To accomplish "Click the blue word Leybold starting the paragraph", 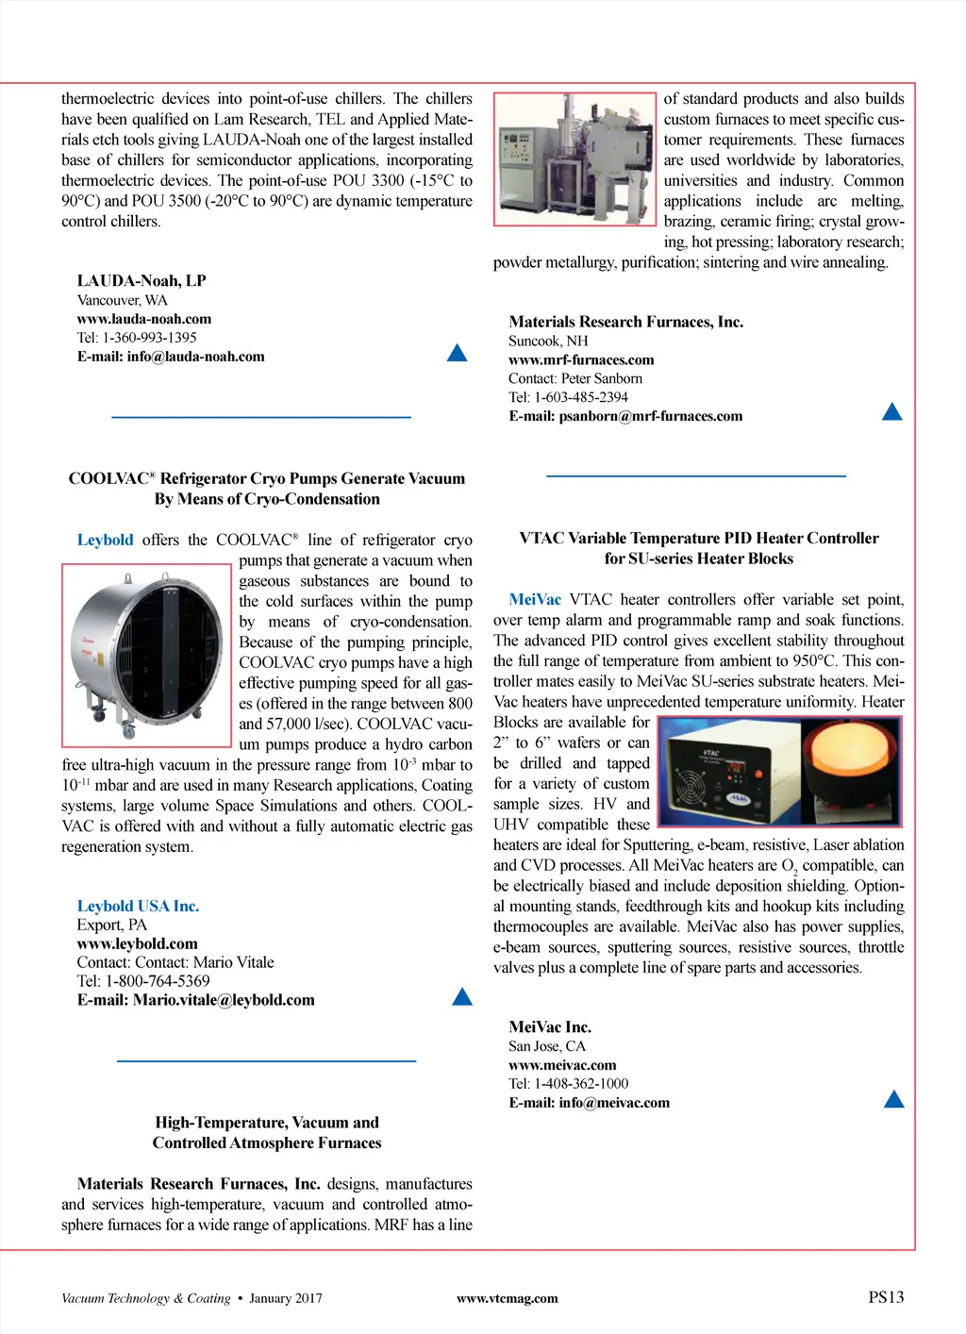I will pos(105,540).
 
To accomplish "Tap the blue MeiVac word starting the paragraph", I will pos(534,599).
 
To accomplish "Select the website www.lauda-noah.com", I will pos(143,319).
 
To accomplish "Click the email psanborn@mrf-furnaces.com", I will pos(650,416).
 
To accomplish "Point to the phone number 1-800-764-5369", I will pos(157,981).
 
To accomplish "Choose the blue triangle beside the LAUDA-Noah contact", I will pos(457,353).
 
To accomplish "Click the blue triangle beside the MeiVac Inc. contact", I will pos(893,1099).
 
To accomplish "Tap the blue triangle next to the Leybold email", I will pos(462,996).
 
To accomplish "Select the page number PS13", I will pos(886,1297).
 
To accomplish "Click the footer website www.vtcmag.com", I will pos(507,1298).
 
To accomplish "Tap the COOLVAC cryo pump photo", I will pos(145,655).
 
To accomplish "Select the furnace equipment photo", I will pos(575,158).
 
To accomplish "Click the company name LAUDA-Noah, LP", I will pos(142,280).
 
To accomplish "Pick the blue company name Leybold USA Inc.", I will pos(138,906).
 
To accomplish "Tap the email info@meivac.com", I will pos(613,1102).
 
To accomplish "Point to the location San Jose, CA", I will pos(547,1045).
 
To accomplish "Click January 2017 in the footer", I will pos(285,1298).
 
